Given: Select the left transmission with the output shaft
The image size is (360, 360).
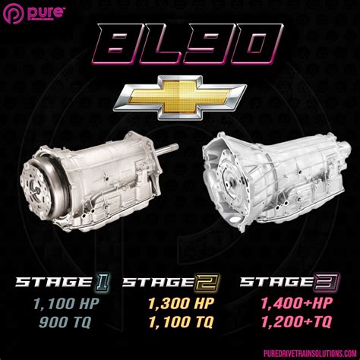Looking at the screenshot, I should [x=95, y=178].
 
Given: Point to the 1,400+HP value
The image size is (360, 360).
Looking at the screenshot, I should [x=292, y=305].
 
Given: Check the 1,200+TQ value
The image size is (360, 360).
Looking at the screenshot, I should [x=292, y=321].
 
